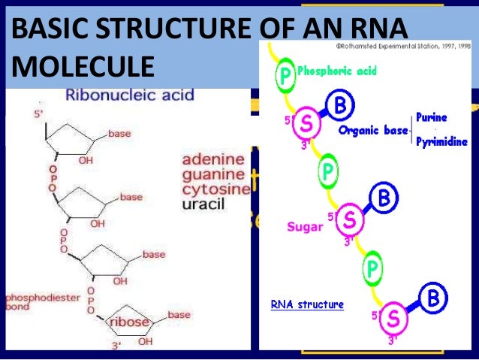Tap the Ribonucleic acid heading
click(130, 95)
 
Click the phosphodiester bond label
click(42, 302)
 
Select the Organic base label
click(373, 129)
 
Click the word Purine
click(432, 117)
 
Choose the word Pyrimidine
click(442, 141)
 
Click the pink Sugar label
click(304, 225)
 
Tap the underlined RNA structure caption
click(307, 304)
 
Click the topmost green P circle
click(285, 75)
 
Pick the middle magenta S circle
click(350, 220)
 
